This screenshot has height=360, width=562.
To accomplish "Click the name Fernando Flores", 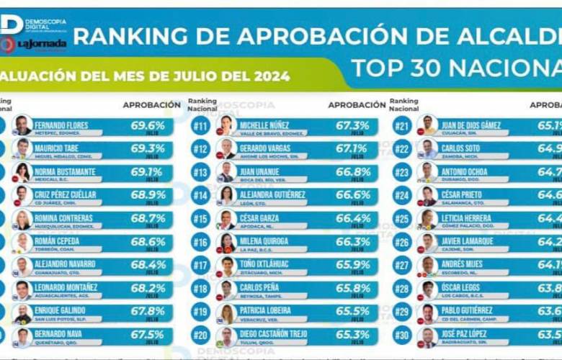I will click(x=61, y=125).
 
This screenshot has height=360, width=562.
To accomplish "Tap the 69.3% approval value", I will click(x=147, y=148).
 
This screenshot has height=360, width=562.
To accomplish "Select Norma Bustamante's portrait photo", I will click(x=22, y=172).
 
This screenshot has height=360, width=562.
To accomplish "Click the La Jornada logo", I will click(x=41, y=45).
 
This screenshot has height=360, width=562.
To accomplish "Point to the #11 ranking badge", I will click(x=200, y=126).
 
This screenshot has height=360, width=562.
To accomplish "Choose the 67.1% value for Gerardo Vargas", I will click(x=352, y=148).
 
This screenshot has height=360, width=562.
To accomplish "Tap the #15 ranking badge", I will click(x=200, y=220).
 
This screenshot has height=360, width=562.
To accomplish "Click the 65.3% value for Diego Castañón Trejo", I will click(x=352, y=336).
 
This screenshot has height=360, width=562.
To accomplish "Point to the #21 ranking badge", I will click(x=402, y=126).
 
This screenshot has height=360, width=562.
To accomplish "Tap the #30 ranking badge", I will click(x=402, y=336).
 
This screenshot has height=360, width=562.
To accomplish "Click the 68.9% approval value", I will click(x=147, y=195).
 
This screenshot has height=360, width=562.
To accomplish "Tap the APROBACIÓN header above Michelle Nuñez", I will click(x=356, y=104).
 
